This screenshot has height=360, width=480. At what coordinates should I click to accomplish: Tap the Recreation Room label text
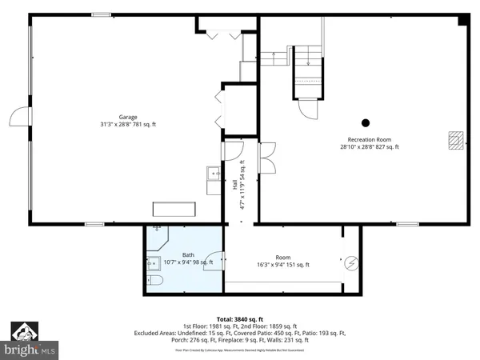pos(369,139)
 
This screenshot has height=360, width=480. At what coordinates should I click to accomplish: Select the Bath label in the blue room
pos(188,255)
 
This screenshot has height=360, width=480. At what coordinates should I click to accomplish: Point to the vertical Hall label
pos(234,184)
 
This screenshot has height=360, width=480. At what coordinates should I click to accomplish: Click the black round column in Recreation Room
pos(366,122)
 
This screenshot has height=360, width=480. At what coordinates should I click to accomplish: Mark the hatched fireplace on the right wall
pos(455,140)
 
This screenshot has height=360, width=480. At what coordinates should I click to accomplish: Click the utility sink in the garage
pos(214,174)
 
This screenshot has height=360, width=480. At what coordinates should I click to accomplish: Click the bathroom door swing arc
pos(214,261)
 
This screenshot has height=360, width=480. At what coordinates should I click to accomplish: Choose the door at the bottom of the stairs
pos(307,109)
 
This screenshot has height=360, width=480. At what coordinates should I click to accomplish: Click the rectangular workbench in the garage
pos(174,208)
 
